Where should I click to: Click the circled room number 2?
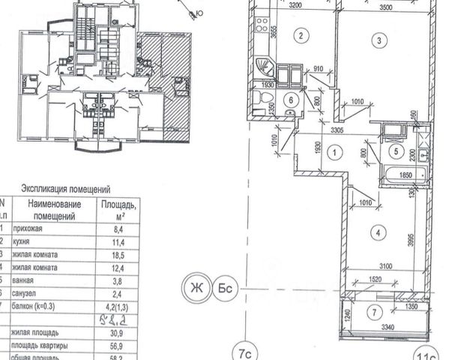coord(301,35)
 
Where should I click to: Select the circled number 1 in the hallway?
coord(335,151)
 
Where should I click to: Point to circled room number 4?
coord(379,233)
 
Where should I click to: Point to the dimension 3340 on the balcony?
coord(386,328)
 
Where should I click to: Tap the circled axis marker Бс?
coord(224,287)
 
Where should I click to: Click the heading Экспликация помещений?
coord(67,190)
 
